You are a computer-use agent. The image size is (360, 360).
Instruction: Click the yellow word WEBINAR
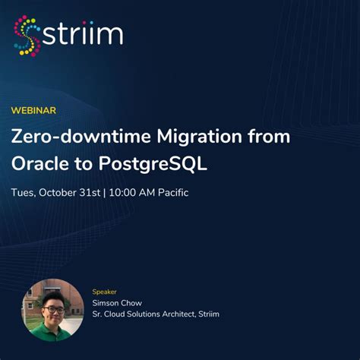point(33,110)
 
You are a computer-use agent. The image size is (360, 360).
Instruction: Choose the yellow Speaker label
point(105,291)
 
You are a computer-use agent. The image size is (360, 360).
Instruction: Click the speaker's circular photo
point(52,310)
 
